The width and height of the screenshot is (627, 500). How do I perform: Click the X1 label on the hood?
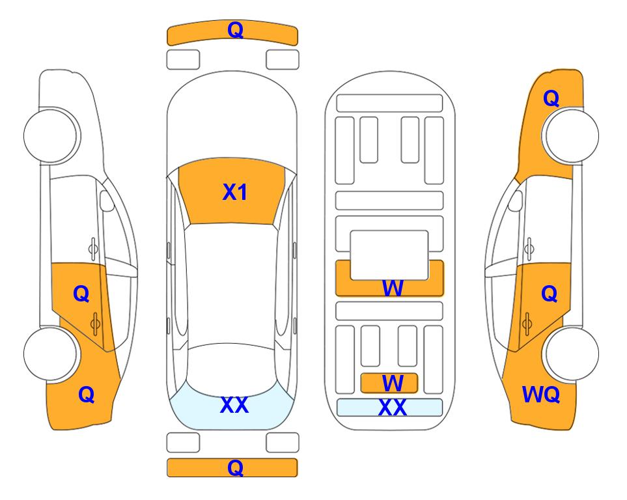(x=234, y=192)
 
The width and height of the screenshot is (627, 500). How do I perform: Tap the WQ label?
(x=541, y=394)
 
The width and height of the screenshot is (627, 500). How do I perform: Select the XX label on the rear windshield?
(x=234, y=405)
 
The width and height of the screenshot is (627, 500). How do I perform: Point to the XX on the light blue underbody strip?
(x=392, y=408)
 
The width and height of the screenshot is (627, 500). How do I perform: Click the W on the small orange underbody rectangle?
(x=391, y=382)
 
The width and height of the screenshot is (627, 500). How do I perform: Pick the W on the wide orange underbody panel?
(x=392, y=288)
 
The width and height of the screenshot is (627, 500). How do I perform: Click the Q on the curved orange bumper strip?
(x=234, y=30)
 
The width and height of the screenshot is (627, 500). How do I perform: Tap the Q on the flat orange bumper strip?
(x=234, y=467)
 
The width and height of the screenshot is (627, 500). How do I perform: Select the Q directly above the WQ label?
(x=549, y=294)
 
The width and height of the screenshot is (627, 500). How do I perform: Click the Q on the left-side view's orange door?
(x=81, y=294)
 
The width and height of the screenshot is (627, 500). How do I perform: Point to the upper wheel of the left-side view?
(x=51, y=135)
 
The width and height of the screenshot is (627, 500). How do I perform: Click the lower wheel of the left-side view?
(x=51, y=353)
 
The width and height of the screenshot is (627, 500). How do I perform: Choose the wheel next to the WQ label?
(x=571, y=353)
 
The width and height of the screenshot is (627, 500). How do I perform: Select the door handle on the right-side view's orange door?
(x=528, y=321)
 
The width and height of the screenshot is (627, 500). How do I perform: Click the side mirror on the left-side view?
(x=107, y=202)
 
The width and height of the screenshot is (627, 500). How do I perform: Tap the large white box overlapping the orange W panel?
(x=389, y=255)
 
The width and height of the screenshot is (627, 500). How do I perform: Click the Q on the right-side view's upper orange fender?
(x=551, y=98)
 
